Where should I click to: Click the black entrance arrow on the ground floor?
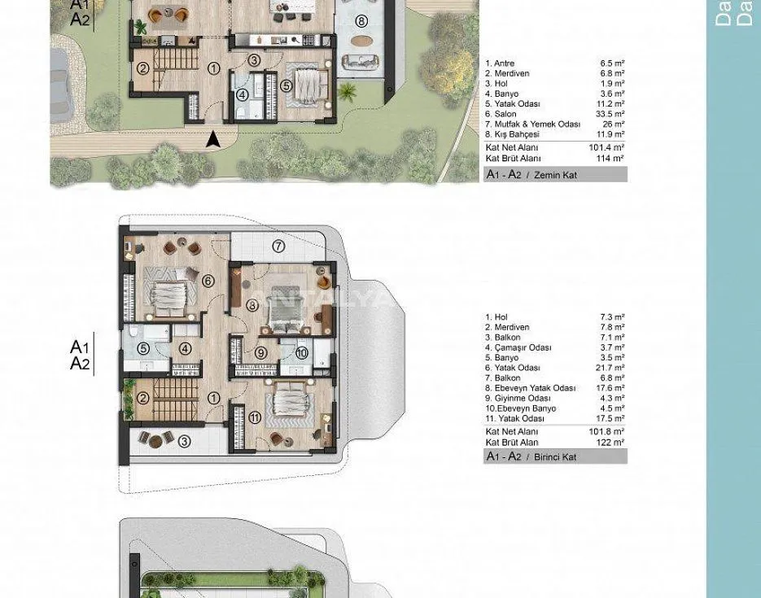coord(214,140)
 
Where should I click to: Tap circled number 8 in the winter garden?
coord(361,21)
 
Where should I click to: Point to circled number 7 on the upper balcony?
coord(278,246)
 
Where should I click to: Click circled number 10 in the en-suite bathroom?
coord(300,352)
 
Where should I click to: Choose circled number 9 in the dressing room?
coord(260,352)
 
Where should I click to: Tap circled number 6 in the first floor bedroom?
coord(208,281)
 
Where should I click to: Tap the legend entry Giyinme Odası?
coord(518,398)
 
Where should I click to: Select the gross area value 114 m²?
coord(614,158)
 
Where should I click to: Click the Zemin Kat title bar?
coord(556,174)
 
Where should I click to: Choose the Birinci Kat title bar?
coord(556,457)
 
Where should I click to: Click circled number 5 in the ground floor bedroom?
coord(286,85)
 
